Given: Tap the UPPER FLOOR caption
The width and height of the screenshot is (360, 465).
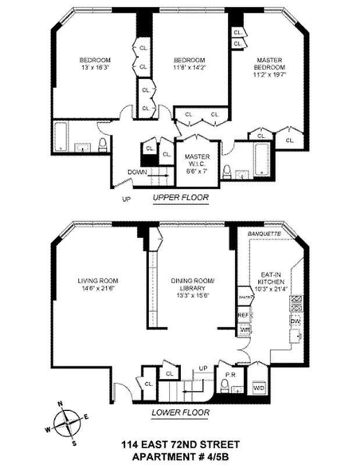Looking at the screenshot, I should click(x=180, y=198).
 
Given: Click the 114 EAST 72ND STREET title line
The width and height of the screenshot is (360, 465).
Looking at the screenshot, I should click(x=180, y=445).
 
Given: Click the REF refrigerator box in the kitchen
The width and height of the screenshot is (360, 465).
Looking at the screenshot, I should click(x=244, y=315).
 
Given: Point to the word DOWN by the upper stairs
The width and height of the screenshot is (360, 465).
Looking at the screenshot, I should click(x=137, y=171).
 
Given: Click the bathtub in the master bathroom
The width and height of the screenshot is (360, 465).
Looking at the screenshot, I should click(x=261, y=160).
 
